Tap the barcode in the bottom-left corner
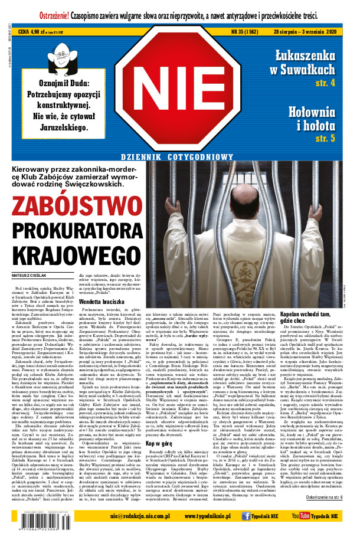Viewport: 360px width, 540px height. click(30, 527)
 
